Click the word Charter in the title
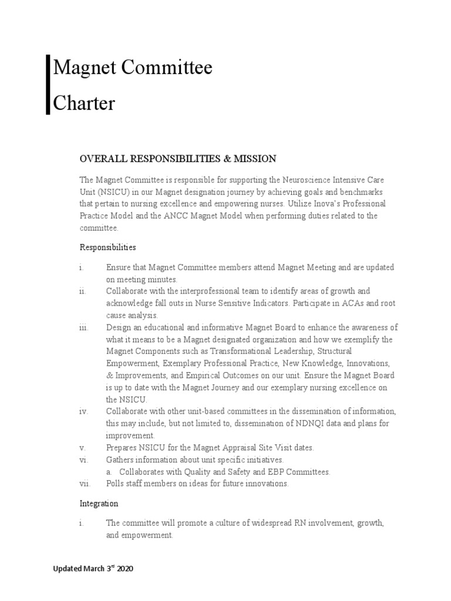[x=84, y=103]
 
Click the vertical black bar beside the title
[x=48, y=85]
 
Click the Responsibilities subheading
[x=107, y=247]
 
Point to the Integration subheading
[x=99, y=503]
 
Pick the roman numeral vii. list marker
[x=85, y=483]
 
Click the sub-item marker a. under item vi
[x=109, y=471]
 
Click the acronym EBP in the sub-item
[x=274, y=471]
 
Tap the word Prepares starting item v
[x=122, y=447]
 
